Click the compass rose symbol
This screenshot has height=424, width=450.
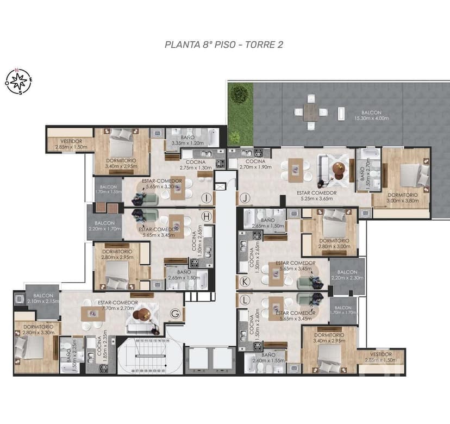(x=19, y=82)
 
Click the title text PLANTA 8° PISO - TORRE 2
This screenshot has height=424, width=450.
(x=223, y=45)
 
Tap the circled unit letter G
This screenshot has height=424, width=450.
(x=175, y=313)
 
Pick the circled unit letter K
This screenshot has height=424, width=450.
(x=245, y=281)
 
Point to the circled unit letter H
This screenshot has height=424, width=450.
(x=206, y=216)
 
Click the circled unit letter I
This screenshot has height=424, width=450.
(x=206, y=198)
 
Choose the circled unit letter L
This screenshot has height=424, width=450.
(x=245, y=300)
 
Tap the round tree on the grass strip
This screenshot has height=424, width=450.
(x=239, y=93)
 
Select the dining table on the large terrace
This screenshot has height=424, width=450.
(x=311, y=113)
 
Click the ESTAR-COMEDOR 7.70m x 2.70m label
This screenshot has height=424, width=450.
(x=117, y=305)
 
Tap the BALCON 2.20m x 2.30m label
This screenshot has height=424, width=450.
(x=347, y=275)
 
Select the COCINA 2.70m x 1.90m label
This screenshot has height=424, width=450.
(x=255, y=164)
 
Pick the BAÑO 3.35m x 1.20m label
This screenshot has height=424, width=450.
(x=187, y=140)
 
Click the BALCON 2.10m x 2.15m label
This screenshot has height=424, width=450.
(x=41, y=298)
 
